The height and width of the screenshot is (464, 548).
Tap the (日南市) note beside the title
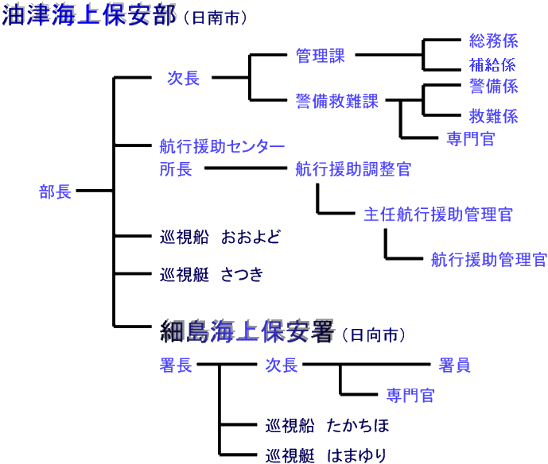[x=215, y=17]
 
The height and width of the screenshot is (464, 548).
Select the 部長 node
[x=56, y=191]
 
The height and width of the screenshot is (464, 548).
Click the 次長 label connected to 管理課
[x=183, y=78]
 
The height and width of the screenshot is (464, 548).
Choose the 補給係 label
[x=493, y=64]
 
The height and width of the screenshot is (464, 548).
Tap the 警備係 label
[x=493, y=85]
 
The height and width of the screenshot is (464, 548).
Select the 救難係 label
[x=493, y=116]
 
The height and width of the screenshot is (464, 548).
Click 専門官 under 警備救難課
[x=471, y=139]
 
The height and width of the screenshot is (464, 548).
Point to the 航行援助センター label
[x=222, y=146]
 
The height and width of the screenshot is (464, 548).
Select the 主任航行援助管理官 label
[x=438, y=215]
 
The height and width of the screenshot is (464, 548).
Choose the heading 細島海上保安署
[x=247, y=331]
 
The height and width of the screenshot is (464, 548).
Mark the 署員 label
[x=454, y=365]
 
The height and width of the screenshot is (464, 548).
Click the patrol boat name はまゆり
[x=356, y=455]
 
